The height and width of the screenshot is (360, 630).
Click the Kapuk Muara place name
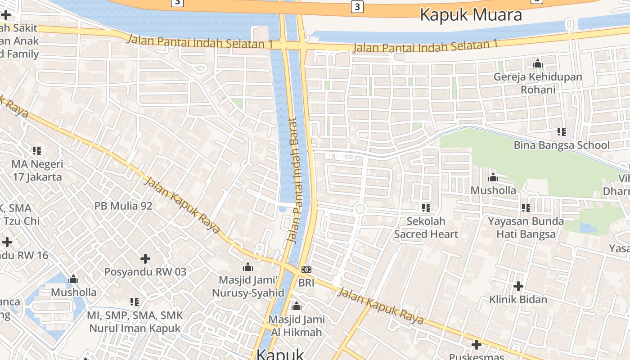pos(471,15)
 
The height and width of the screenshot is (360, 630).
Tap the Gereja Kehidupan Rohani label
pos(538,83)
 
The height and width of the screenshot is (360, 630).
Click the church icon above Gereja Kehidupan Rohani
pos(537,63)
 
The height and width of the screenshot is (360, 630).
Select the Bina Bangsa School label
pos(562,145)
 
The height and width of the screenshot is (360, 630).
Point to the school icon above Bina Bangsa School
pos(561,132)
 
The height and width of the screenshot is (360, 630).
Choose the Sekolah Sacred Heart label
pos(426,227)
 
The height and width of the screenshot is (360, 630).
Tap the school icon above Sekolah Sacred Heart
pos(426,207)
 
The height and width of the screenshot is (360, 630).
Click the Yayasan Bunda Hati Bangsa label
pos(526,227)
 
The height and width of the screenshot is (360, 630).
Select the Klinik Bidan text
pos(518,299)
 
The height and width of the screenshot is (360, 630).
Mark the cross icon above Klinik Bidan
pos(518,286)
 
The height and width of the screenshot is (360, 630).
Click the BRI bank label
pos(306,283)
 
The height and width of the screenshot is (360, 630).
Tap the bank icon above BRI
pos(306,270)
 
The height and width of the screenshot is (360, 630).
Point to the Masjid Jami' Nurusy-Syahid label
pos(248,286)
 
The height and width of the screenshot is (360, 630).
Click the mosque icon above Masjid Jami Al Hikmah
pos(296,306)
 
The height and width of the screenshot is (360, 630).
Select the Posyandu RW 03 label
pos(145,272)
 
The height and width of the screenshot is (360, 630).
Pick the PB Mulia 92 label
pos(123,206)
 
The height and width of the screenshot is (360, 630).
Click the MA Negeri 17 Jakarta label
pos(37,170)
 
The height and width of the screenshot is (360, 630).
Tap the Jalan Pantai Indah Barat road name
pos(293,180)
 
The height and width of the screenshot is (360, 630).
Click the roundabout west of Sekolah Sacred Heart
pos(360,209)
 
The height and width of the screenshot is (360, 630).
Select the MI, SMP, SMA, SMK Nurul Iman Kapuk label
pos(135,322)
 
